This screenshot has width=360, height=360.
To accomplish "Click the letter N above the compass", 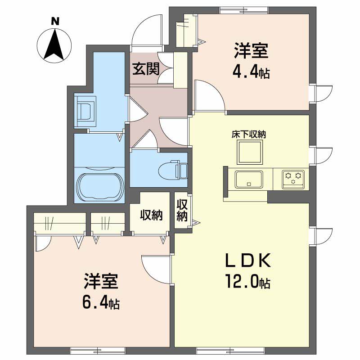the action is pos(55,21).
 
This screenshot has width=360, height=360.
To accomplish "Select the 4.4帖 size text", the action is pos(251,73).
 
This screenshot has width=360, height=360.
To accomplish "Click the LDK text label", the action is pos(248,261).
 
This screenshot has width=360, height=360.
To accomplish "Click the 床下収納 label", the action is pos(249,134).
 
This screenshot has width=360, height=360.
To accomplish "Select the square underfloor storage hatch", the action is pos(250,153).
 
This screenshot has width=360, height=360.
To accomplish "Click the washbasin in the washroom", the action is pos(85,111).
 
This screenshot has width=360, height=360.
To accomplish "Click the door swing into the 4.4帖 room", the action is pos(209,94).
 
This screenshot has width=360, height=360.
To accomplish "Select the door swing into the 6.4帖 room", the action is pos(157,269).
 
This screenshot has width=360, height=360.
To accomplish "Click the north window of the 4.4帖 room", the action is pos(243,10).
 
